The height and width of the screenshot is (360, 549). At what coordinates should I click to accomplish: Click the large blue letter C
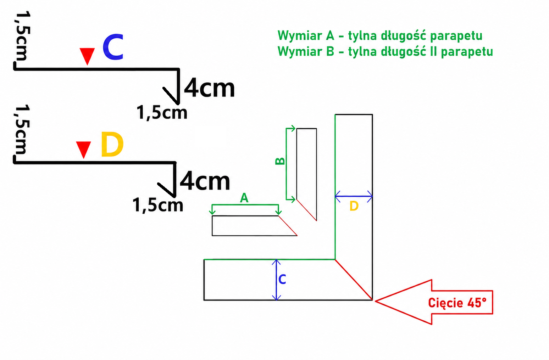[x=113, y=47]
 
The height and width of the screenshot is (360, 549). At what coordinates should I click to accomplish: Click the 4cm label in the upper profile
[x=209, y=88]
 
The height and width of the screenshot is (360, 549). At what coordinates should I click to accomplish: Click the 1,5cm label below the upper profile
[x=162, y=113]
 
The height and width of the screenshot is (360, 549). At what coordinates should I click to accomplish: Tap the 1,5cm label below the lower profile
[x=157, y=205]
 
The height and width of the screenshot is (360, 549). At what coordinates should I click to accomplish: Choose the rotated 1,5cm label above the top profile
[x=23, y=35]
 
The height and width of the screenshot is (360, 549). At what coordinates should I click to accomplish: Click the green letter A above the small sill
[x=244, y=198]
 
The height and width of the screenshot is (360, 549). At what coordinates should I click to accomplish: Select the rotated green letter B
[x=280, y=161]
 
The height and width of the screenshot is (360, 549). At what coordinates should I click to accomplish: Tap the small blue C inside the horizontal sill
[x=282, y=279]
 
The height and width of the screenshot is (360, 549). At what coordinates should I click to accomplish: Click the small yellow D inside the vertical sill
[x=354, y=206]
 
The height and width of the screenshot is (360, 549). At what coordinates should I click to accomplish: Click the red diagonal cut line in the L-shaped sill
[x=354, y=280]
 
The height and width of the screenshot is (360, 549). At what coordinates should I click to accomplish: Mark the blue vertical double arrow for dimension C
[x=276, y=280]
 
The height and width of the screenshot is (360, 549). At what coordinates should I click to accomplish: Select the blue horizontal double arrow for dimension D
[x=354, y=196]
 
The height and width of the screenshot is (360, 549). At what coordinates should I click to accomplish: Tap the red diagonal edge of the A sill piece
[x=288, y=226]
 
